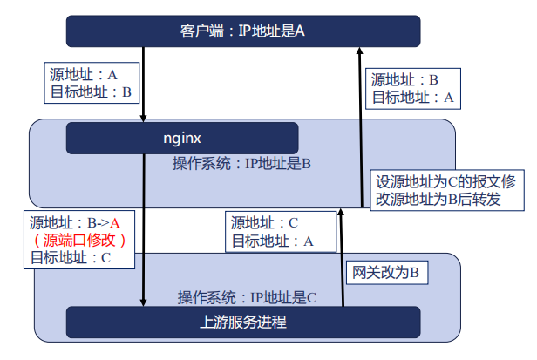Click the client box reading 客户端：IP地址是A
click(243, 31)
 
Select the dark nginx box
click(182, 138)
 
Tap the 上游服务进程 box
click(243, 322)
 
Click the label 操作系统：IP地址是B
click(241, 164)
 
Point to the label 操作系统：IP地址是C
click(247, 297)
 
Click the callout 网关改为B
click(387, 273)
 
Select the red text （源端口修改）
click(79, 240)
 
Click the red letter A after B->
click(115, 223)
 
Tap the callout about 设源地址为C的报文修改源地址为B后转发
click(447, 190)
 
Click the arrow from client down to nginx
click(144, 85)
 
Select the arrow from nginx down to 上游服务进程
click(144, 230)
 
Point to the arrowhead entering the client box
click(359, 51)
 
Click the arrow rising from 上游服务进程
click(342, 257)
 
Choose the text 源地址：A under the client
click(83, 74)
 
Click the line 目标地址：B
click(91, 92)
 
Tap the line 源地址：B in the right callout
click(404, 80)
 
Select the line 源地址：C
click(264, 222)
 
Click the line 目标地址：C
click(71, 258)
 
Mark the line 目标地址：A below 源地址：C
click(273, 241)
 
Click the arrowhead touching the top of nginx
click(144, 119)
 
